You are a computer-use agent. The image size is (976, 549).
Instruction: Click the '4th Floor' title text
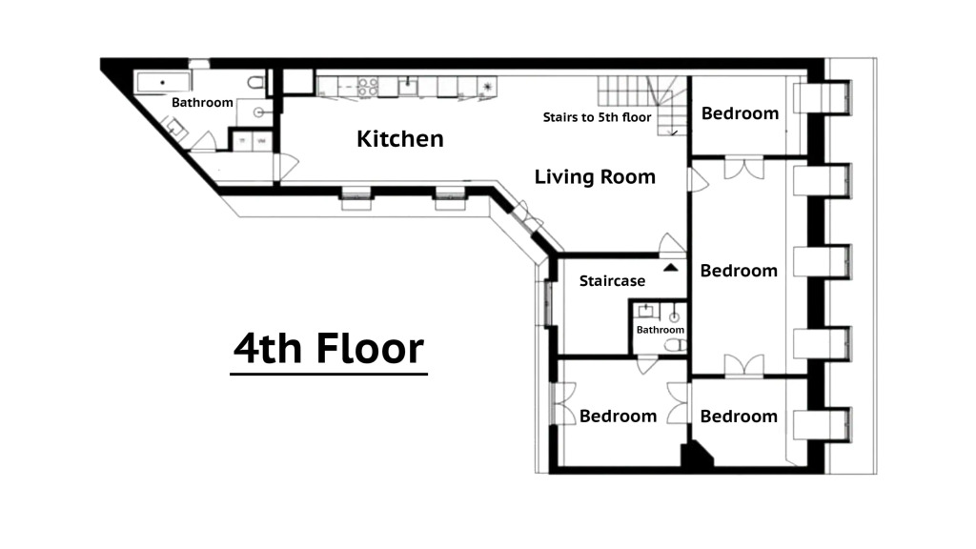point(329,348)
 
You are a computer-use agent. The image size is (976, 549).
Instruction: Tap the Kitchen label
point(399,139)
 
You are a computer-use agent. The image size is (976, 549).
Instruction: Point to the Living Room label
point(595,176)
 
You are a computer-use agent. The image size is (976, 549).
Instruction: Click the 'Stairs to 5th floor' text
point(597,117)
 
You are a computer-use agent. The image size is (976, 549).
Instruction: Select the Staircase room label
point(612,281)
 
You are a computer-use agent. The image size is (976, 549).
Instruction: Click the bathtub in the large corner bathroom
point(163,82)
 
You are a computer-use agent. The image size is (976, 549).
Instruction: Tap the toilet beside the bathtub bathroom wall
point(255,82)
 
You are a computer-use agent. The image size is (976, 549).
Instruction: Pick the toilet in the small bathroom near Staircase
point(675,345)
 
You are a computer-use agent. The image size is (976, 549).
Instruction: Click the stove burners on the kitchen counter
point(367,87)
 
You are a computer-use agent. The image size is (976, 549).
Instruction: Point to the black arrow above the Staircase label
point(670,268)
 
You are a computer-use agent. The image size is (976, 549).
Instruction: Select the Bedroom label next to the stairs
point(740,113)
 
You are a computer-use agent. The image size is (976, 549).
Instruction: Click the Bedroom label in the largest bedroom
point(739,271)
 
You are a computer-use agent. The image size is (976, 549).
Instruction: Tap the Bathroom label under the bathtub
point(202,102)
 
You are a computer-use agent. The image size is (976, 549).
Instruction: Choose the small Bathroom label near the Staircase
point(661,329)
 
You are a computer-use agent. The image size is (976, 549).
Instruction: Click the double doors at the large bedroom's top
point(743,168)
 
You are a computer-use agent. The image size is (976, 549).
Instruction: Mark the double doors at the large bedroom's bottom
point(743,365)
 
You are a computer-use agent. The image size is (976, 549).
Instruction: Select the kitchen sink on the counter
point(408,86)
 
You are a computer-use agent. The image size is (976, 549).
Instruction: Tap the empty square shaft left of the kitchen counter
point(298,82)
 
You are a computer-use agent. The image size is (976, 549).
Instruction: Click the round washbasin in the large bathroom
point(259,112)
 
